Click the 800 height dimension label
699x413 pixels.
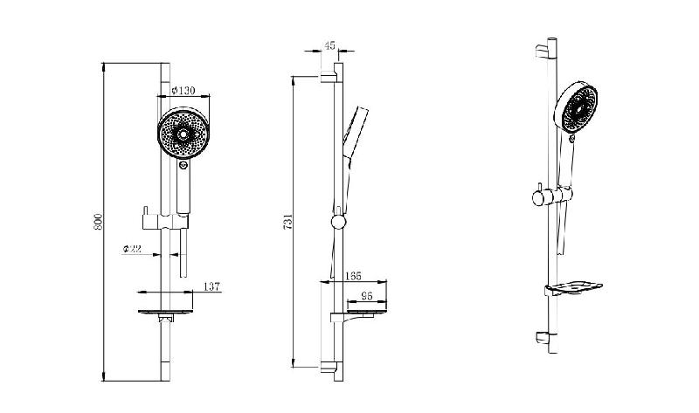pos(99,222)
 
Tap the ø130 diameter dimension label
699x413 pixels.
pos(183,91)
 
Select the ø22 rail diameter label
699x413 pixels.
pos(132,249)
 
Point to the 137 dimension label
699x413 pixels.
pos(211,286)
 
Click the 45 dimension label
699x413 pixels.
pos(330,45)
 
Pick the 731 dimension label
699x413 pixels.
pos(288,222)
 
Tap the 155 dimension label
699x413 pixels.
pos(353,277)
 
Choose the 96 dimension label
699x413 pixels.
pos(366,295)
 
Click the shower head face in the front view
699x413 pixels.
pos(183,133)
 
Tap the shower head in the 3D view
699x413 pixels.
pos(576,107)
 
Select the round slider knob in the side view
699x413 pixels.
pos(337,222)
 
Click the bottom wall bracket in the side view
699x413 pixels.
pos(328,367)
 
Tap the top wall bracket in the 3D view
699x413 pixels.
pos(542,51)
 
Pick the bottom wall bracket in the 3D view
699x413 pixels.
pos(542,337)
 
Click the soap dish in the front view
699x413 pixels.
pos(165,313)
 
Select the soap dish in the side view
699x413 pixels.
pos(358,314)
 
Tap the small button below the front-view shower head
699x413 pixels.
pos(183,165)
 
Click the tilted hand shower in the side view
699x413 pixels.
pos(356,133)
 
